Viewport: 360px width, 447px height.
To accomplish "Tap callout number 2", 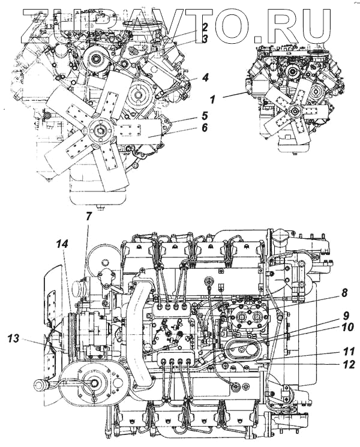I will (x=205, y=27).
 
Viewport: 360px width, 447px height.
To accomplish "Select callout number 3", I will (x=205, y=39).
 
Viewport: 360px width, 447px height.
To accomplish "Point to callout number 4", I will (x=205, y=77).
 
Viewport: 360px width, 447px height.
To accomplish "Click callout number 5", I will (x=205, y=115).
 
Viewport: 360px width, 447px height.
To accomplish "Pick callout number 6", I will (x=205, y=127).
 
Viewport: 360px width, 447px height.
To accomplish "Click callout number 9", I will (x=347, y=316).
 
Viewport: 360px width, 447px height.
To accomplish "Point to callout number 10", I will (x=347, y=328).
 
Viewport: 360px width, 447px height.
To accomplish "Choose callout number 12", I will (x=347, y=364).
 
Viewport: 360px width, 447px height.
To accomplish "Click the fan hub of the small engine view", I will (x=294, y=111).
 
